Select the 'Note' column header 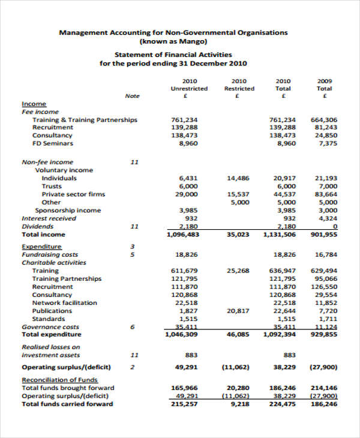[x=132, y=96]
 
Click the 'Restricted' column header [x=239, y=88]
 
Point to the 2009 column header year [x=325, y=80]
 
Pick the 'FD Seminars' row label [x=53, y=143]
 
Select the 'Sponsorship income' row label [x=68, y=211]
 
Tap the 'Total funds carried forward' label [x=67, y=404]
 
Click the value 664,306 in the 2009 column [x=324, y=119]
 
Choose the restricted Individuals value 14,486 [x=238, y=178]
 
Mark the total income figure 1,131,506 [x=279, y=235]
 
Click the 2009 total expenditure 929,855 [x=323, y=335]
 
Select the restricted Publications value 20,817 [x=238, y=311]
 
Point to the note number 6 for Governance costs [x=133, y=327]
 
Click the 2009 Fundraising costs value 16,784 [x=325, y=254]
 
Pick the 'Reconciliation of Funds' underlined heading [x=59, y=380]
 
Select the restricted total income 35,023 [x=238, y=235]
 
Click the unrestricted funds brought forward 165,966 [x=185, y=388]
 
